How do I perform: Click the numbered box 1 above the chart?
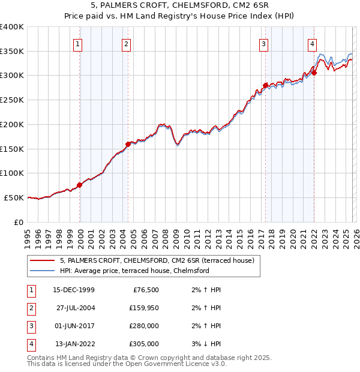click(x=79, y=43)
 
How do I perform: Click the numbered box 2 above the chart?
click(x=126, y=43)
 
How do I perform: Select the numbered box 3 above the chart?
click(x=263, y=43)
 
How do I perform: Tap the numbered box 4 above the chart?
click(x=313, y=43)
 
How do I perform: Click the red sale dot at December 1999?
click(x=80, y=185)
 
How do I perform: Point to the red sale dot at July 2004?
click(x=128, y=144)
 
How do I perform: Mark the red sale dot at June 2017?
click(x=265, y=85)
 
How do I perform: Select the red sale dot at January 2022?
click(x=314, y=73)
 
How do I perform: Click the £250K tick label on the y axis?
click(x=12, y=100)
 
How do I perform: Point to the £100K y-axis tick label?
click(x=12, y=173)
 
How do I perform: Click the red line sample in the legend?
click(x=43, y=260)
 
